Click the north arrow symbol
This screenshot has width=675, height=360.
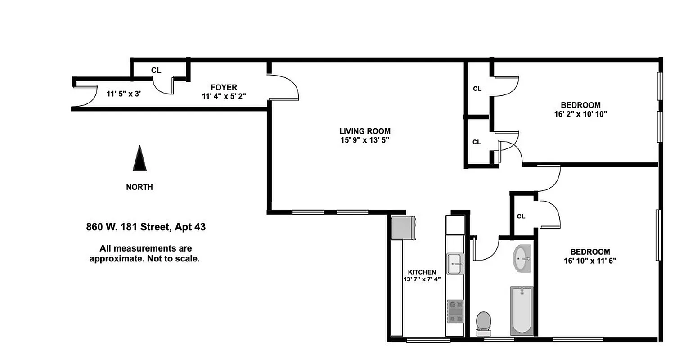(139, 160)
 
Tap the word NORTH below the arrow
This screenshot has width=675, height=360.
(139, 187)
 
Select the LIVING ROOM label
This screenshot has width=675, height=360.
(364, 131)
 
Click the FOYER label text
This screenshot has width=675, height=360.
(224, 87)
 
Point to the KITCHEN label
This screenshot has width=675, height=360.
(422, 272)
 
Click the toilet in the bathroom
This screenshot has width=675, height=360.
(484, 323)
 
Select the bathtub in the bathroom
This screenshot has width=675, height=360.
(522, 310)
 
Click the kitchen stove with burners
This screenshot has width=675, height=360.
(455, 311)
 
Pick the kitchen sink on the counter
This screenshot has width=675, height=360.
(455, 263)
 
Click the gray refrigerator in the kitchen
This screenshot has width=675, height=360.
(403, 228)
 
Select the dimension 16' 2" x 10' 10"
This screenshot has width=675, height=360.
(580, 114)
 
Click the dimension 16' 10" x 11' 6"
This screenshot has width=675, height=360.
(589, 260)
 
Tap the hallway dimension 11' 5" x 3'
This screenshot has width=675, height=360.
(123, 94)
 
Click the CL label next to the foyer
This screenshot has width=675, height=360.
(156, 70)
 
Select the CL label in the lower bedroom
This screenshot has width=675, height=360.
(521, 216)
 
